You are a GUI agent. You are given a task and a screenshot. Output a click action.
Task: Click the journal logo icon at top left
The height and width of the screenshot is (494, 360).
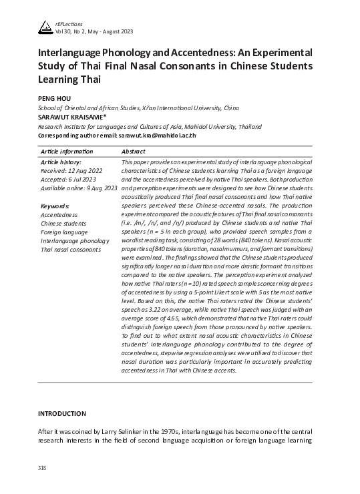(x=45, y=25)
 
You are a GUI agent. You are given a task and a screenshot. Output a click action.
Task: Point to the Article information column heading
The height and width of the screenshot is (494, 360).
(x=67, y=152)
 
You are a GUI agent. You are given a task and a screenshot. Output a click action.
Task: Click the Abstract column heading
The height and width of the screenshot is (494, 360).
(x=136, y=152)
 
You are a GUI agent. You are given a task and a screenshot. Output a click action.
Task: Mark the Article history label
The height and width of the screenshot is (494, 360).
(x=61, y=162)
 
